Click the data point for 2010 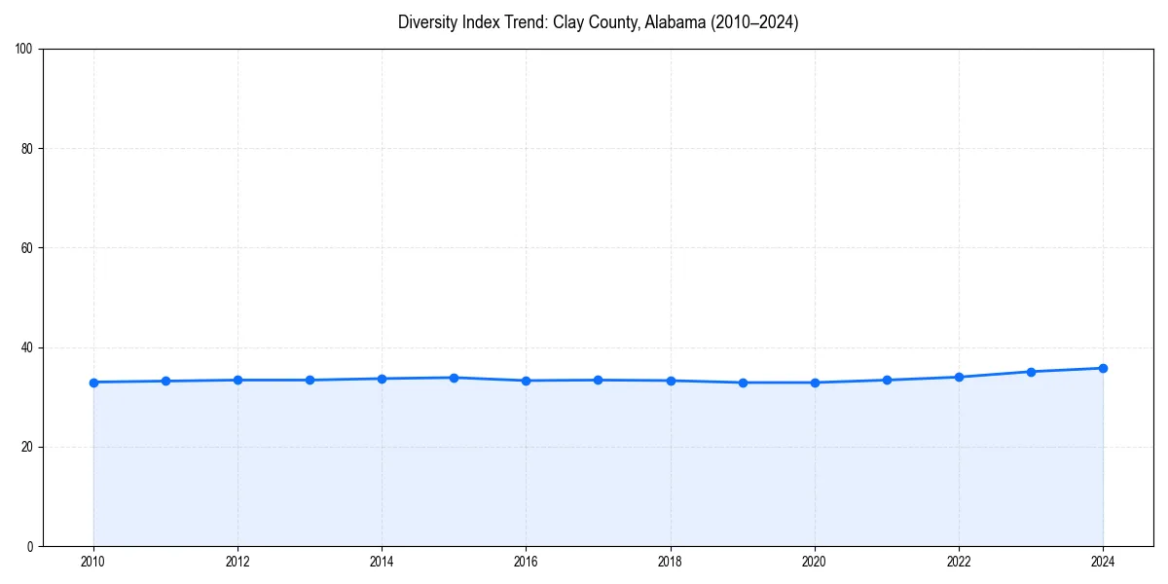(x=93, y=383)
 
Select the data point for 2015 (x=454, y=378)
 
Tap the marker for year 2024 (x=1103, y=368)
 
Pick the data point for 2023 (x=1031, y=372)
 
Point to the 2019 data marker (x=743, y=383)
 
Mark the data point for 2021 (x=887, y=380)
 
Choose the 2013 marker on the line (x=310, y=380)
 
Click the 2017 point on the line (x=598, y=380)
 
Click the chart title (x=598, y=22)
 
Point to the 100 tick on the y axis (x=24, y=49)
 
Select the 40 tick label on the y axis (x=27, y=347)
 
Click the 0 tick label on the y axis (x=30, y=546)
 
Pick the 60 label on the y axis (x=27, y=248)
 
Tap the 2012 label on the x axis (x=237, y=562)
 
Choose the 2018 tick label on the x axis (x=670, y=562)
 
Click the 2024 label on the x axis (x=1103, y=562)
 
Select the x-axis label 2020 (x=815, y=562)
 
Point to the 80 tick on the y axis (x=27, y=149)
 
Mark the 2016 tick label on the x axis (x=526, y=562)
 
